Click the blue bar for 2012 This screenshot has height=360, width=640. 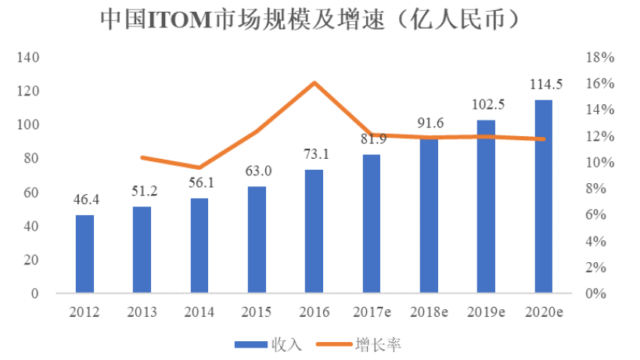click(x=84, y=254)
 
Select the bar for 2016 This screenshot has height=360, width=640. click(x=314, y=232)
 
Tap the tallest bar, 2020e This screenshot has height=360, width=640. click(x=542, y=196)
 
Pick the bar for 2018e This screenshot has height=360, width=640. click(x=428, y=216)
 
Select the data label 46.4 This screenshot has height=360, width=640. click(x=84, y=200)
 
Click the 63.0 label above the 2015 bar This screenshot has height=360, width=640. click(x=257, y=171)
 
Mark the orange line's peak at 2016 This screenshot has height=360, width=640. click(x=314, y=82)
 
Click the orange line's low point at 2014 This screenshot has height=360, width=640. click(x=200, y=167)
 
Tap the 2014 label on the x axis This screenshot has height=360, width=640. click(x=200, y=311)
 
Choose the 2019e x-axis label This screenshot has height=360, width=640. click(x=486, y=311)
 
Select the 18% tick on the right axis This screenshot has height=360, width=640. click(x=601, y=57)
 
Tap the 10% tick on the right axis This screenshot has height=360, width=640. click(x=601, y=162)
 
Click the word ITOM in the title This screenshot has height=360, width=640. click(x=174, y=20)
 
